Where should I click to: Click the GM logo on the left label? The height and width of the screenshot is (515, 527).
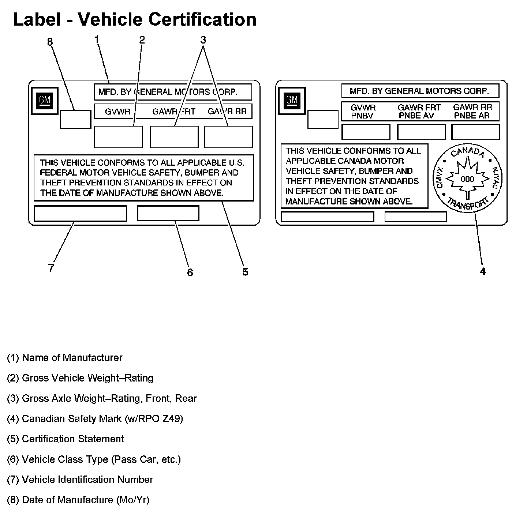tap(44, 100)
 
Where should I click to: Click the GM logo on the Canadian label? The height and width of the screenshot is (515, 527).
tap(292, 100)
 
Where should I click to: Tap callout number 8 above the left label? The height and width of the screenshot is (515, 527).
tap(50, 42)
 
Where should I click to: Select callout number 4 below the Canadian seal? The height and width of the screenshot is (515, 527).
tap(483, 271)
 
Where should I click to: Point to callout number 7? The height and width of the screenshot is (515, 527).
tap(51, 268)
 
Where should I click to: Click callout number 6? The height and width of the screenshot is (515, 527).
tap(190, 272)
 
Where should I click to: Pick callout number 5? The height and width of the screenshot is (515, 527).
tap(245, 272)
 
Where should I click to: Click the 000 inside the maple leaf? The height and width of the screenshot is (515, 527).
tap(467, 179)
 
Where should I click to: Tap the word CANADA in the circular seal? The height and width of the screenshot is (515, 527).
tap(467, 151)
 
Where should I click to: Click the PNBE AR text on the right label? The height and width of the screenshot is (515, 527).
tap(472, 116)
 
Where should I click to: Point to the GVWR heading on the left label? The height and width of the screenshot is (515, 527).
tap(117, 112)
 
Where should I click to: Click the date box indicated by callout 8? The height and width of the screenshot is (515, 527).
tap(75, 119)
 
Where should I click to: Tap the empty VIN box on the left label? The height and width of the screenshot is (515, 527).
tap(80, 214)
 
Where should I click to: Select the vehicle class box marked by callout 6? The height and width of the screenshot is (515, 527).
tap(168, 214)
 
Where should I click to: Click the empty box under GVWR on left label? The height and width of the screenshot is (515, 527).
tap(118, 137)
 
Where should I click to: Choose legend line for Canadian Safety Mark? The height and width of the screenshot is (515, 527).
tap(95, 418)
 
